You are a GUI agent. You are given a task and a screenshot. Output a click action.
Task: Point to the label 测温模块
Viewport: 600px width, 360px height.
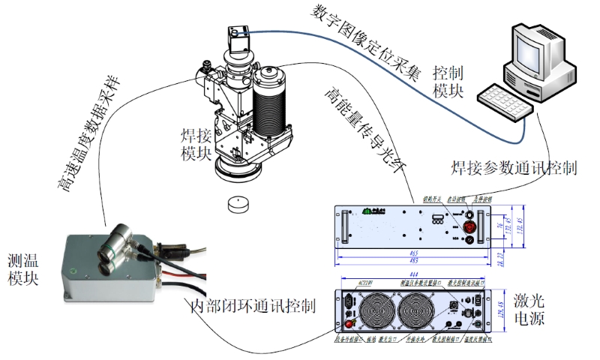(22, 270)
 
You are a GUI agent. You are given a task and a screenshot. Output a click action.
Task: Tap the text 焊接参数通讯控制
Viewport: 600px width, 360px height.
(514, 166)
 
